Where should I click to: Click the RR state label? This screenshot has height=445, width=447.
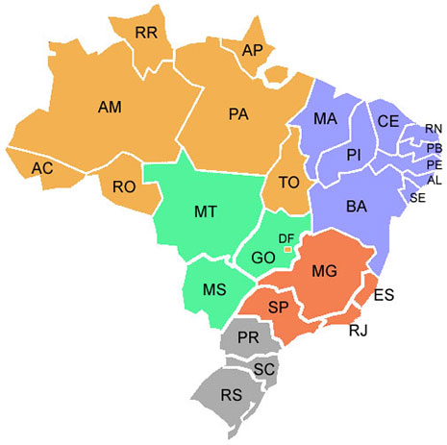coord(146,33)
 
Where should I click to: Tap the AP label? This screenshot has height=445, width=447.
coord(253,49)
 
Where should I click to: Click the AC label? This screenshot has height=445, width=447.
coord(41,168)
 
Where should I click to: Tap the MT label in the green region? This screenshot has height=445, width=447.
coord(205,210)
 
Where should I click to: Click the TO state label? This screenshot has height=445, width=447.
coord(288,183)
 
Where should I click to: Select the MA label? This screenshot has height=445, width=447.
coord(325,120)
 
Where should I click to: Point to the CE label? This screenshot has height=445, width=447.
coord(387,121)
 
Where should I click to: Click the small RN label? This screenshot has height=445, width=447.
coord(434,129)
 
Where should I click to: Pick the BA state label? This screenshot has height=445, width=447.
coord(356,206)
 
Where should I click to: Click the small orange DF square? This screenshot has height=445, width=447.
coord(286,249)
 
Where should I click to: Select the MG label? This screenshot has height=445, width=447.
coord(324,272)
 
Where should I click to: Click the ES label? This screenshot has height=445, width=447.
coord(383,294)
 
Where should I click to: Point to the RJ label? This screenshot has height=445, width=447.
coord(359,332)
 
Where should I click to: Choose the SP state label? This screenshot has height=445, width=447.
coord(279,308)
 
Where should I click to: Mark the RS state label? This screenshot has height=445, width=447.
coord(230,394)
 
